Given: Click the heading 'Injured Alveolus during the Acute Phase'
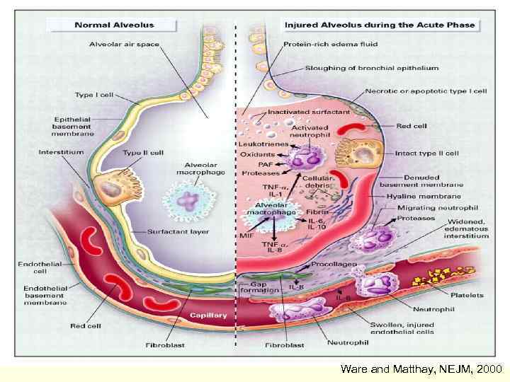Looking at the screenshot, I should click(380, 25).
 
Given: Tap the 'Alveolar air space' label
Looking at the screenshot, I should click(124, 44).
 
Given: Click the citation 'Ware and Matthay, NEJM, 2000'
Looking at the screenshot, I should click(421, 369).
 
